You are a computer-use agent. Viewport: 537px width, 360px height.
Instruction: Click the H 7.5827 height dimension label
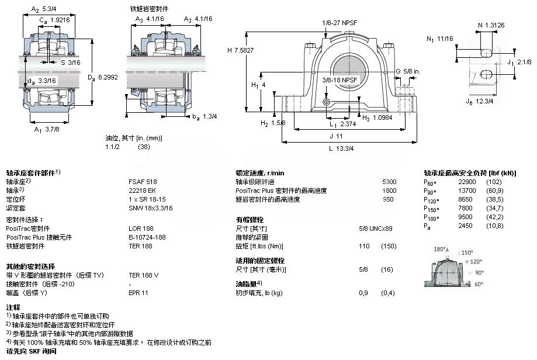click(x=240, y=50)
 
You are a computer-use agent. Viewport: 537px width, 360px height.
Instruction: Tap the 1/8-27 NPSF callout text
click(x=339, y=23)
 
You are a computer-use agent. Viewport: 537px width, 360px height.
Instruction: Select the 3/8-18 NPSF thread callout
click(x=339, y=80)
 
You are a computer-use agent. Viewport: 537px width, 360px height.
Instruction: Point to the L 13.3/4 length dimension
click(x=341, y=148)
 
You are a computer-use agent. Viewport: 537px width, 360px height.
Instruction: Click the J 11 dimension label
click(x=336, y=136)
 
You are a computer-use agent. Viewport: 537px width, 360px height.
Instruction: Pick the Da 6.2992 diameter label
click(x=103, y=77)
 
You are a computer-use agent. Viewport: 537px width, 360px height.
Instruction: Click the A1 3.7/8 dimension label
click(x=47, y=130)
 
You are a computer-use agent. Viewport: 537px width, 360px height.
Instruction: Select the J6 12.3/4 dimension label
click(x=480, y=101)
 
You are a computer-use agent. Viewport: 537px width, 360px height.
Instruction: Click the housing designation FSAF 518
click(x=143, y=182)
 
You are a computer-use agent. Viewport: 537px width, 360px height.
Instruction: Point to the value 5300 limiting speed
click(x=389, y=182)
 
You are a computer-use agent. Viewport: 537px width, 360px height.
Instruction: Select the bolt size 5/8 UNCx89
click(x=376, y=229)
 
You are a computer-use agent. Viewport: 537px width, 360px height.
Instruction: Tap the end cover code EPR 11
click(x=138, y=293)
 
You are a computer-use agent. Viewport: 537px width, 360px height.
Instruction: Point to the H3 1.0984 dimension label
click(x=377, y=118)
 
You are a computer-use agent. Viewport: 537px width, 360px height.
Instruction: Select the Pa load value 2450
click(x=466, y=226)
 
